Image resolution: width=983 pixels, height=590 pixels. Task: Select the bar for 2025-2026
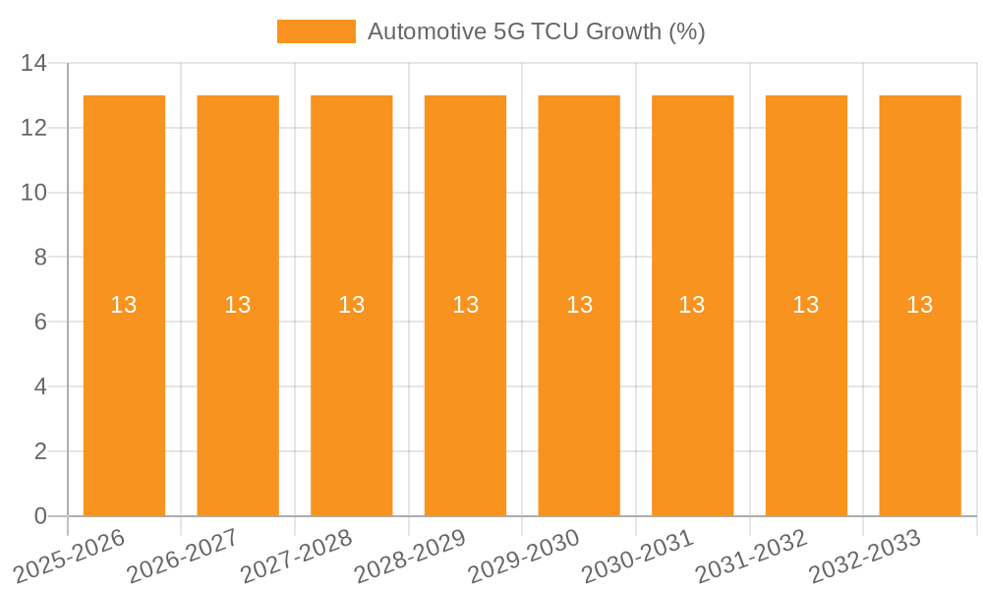124,393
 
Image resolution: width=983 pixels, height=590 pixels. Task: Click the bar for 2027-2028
351,393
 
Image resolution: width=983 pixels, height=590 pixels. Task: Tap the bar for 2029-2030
579,393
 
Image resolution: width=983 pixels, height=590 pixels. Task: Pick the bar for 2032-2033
919,393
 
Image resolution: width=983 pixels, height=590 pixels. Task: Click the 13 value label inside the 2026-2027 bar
238,305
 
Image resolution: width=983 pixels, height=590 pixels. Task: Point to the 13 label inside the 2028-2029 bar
465,305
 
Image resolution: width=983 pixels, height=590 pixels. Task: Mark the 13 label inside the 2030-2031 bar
692,305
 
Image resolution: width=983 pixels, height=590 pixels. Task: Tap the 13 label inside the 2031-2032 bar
806,305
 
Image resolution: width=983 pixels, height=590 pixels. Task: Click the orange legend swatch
316,31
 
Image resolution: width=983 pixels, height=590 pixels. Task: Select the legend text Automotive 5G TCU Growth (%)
537,31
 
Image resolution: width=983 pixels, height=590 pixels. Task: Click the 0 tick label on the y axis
40,516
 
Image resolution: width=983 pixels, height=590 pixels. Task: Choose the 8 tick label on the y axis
40,258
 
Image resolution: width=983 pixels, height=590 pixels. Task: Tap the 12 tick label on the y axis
33,128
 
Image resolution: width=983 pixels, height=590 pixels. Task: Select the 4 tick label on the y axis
40,386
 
